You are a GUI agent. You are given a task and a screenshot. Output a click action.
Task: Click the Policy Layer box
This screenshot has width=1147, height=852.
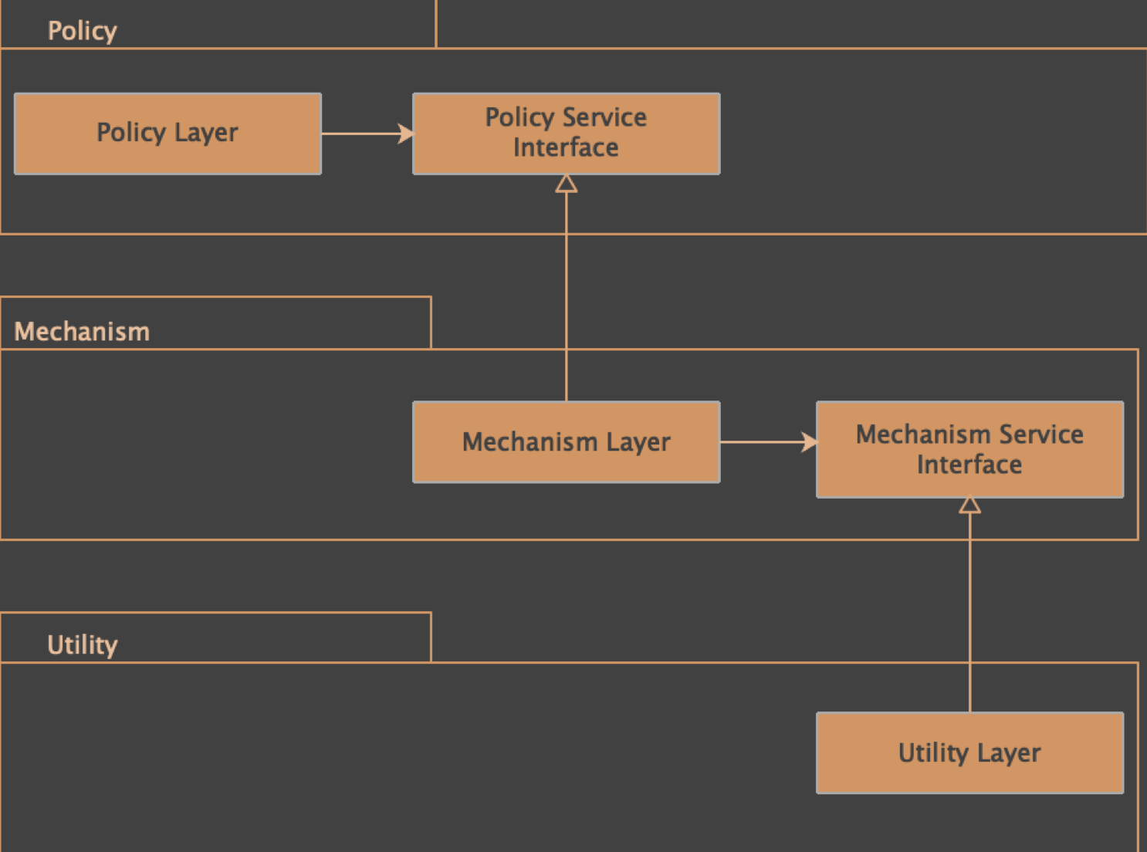click(167, 134)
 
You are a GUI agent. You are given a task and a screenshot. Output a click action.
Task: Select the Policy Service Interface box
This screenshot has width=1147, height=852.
click(566, 134)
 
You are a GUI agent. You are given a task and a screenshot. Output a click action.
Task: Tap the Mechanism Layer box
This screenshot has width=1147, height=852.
click(566, 442)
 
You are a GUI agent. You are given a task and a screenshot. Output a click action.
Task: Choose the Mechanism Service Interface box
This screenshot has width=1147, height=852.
click(969, 449)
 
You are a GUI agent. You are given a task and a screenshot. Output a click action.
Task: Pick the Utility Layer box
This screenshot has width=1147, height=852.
click(969, 752)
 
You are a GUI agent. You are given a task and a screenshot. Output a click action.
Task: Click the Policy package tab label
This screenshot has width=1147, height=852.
click(82, 31)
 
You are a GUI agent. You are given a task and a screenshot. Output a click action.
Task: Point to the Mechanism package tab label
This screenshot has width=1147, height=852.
click(82, 332)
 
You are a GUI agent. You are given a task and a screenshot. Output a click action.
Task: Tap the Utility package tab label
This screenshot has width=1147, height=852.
click(82, 645)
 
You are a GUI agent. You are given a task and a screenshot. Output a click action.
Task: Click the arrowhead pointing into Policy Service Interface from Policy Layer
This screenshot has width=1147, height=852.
click(406, 134)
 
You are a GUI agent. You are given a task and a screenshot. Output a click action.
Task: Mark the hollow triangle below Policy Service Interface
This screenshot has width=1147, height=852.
click(566, 184)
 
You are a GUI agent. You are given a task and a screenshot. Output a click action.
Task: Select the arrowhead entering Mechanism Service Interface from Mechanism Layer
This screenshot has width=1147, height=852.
click(809, 442)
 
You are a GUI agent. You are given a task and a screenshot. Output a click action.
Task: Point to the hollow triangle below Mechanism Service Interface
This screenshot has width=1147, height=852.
click(969, 505)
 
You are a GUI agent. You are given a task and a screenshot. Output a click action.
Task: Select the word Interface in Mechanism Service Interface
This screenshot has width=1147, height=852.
click(969, 465)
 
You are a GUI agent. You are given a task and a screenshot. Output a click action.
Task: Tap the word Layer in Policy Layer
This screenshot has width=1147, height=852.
click(205, 134)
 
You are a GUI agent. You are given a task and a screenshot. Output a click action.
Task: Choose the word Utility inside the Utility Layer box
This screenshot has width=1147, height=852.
click(932, 752)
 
